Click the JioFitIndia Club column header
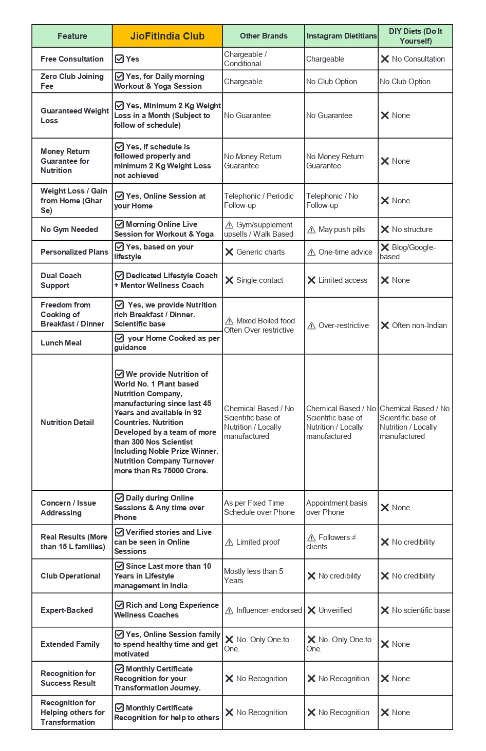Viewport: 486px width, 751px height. (x=167, y=36)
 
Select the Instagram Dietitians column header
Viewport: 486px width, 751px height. (x=341, y=36)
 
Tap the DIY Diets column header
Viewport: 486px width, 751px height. (x=415, y=36)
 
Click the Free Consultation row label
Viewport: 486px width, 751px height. (x=72, y=59)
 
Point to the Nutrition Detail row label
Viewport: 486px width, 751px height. (x=67, y=422)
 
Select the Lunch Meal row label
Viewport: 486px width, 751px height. (x=61, y=343)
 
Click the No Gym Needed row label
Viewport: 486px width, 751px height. (x=69, y=229)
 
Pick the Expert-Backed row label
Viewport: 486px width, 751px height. (x=67, y=610)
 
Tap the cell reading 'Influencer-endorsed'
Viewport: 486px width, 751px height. (x=264, y=610)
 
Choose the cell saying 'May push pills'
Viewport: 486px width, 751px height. (x=341, y=229)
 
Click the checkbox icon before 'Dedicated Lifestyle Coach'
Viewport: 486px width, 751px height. (x=119, y=276)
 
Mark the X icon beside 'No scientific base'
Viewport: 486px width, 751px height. (x=385, y=610)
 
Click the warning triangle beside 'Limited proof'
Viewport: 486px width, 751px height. (x=229, y=543)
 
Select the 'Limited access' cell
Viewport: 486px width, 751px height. (x=342, y=280)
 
